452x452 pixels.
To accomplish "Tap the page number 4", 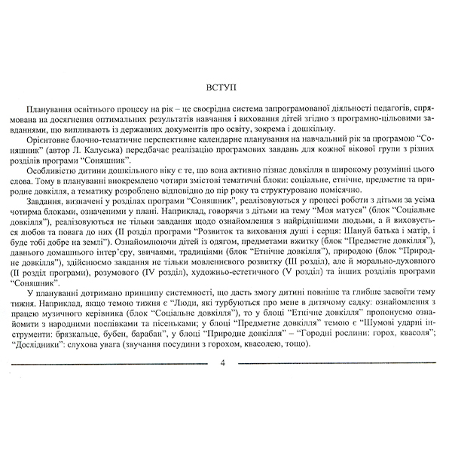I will (x=223, y=362).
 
